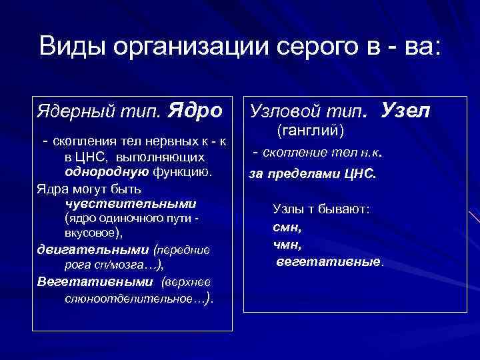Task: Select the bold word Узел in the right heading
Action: point(406,109)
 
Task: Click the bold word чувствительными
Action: point(131,203)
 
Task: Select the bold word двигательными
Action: point(93,250)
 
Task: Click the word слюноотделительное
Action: point(133,297)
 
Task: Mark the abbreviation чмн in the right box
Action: point(287,244)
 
